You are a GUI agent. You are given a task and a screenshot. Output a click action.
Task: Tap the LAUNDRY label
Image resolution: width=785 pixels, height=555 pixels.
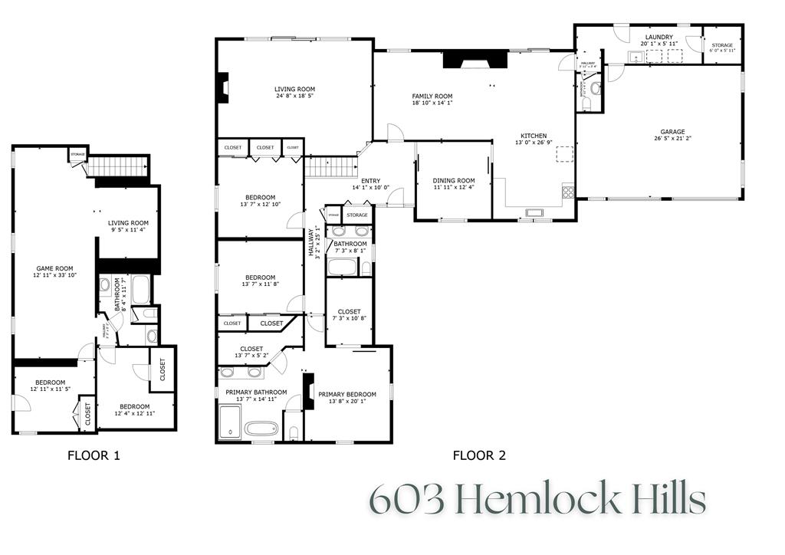[659, 37]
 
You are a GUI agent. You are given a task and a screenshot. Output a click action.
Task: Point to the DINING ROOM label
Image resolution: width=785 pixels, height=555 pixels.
[454, 181]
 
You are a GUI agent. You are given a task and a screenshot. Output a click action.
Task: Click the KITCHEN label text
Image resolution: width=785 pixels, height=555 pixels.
[534, 136]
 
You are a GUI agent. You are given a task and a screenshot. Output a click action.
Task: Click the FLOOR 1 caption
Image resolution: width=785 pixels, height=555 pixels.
[94, 455]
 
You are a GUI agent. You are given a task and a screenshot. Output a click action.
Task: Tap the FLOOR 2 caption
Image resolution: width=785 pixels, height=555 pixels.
[479, 455]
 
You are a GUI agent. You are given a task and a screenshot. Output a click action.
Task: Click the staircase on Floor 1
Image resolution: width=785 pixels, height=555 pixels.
[118, 166]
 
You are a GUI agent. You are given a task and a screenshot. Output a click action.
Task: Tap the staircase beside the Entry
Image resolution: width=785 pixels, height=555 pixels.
[331, 166]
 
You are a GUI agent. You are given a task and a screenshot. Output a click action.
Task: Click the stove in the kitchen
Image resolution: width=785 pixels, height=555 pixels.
[568, 192]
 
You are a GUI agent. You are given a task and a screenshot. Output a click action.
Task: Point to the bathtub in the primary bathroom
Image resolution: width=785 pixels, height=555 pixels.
[261, 428]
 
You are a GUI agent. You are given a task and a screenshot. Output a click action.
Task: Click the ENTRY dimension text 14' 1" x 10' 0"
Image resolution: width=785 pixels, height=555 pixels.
[371, 188]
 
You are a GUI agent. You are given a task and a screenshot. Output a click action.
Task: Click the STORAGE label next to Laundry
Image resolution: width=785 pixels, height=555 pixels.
[721, 46]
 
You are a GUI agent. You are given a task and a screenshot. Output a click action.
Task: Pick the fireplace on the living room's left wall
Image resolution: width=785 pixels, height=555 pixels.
[222, 88]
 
